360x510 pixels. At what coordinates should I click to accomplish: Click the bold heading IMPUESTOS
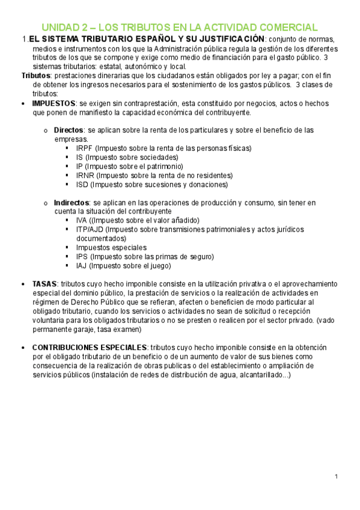pyautogui.click(x=53, y=103)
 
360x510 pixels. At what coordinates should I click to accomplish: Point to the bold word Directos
pyautogui.click(x=69, y=130)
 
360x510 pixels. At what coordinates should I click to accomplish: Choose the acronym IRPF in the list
pyautogui.click(x=85, y=148)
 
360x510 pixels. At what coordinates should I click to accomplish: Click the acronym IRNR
pyautogui.click(x=85, y=176)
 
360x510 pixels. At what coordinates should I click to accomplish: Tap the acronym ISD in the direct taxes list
pyautogui.click(x=83, y=185)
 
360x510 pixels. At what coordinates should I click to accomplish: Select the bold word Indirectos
pyautogui.click(x=72, y=203)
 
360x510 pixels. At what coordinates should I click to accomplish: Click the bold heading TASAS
pyautogui.click(x=44, y=283)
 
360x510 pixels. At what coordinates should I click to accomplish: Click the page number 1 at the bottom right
pyautogui.click(x=337, y=477)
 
